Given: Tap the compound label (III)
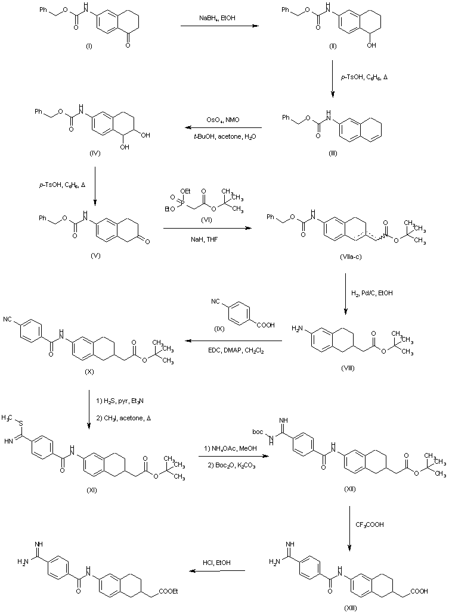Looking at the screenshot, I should (x=334, y=153).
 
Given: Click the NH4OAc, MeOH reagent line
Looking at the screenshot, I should (x=231, y=447).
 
